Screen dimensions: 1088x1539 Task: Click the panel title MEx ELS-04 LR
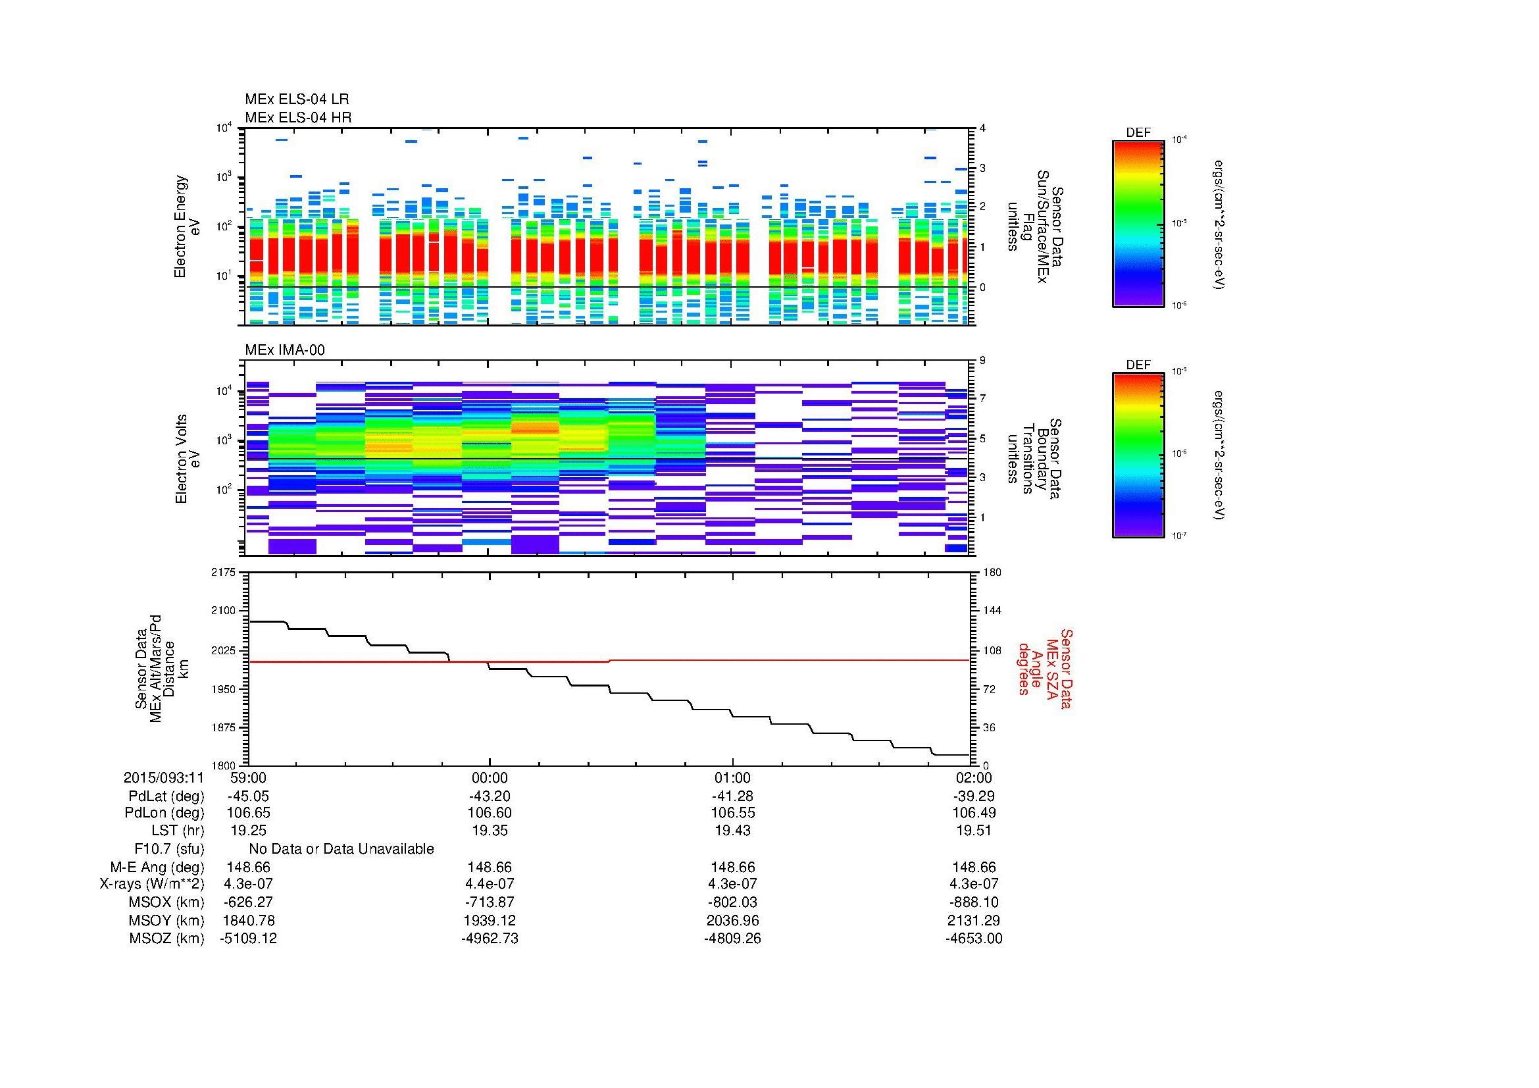click(296, 100)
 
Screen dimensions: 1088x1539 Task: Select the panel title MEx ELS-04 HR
click(297, 118)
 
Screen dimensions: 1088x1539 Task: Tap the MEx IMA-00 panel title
click(284, 350)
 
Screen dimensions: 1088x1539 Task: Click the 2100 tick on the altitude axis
click(222, 611)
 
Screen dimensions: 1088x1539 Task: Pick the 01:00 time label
click(732, 778)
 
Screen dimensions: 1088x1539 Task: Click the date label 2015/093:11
click(164, 778)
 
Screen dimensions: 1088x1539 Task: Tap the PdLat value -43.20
click(490, 796)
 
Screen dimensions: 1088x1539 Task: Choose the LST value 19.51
click(974, 831)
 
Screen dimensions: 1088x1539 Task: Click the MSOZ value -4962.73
click(490, 939)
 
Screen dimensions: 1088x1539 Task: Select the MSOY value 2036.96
click(732, 920)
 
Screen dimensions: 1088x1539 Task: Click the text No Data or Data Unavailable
click(341, 849)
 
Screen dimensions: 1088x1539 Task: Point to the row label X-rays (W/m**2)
click(151, 884)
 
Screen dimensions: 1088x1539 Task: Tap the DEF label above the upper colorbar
click(1138, 133)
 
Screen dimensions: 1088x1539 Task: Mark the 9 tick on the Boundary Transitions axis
click(982, 361)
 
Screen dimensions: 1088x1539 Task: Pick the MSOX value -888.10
click(974, 902)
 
